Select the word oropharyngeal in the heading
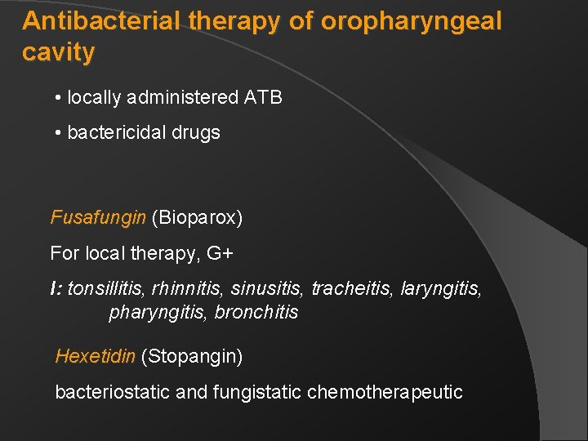click(x=411, y=21)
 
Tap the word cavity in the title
click(x=59, y=53)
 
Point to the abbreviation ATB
click(x=263, y=98)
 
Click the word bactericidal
click(x=116, y=132)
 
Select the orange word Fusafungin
click(x=98, y=218)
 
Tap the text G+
click(x=220, y=254)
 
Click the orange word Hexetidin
click(x=96, y=356)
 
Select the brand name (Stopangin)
click(x=192, y=356)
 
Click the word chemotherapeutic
click(x=385, y=392)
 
